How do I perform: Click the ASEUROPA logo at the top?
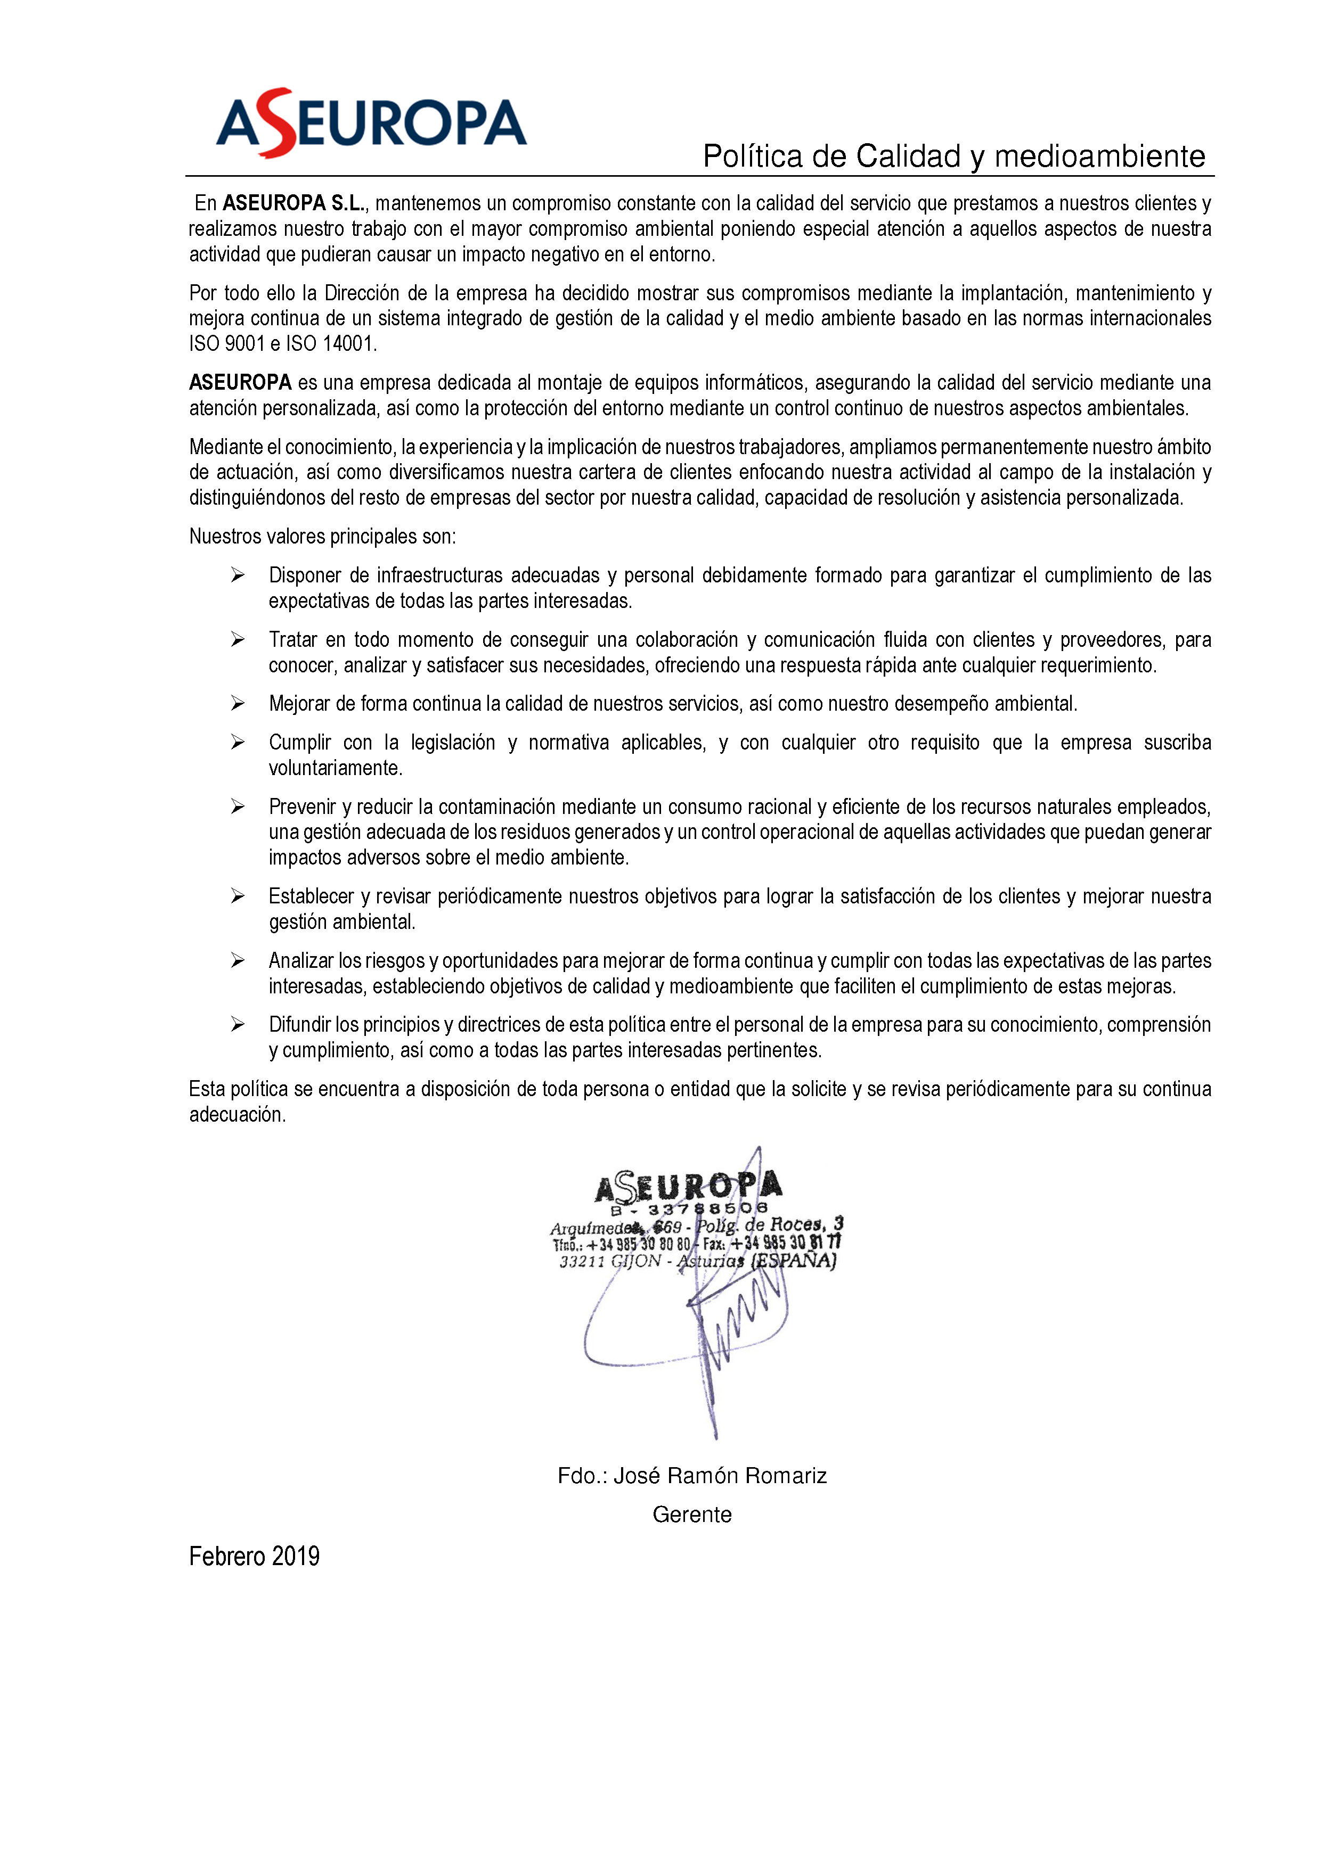click(x=371, y=124)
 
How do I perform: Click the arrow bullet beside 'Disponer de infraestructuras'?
click(x=238, y=575)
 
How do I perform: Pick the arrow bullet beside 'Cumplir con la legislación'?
click(x=238, y=742)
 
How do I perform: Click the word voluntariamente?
click(x=336, y=768)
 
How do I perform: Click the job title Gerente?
click(x=692, y=1515)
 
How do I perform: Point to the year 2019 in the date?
click(x=296, y=1557)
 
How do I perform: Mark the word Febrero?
click(x=227, y=1557)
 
